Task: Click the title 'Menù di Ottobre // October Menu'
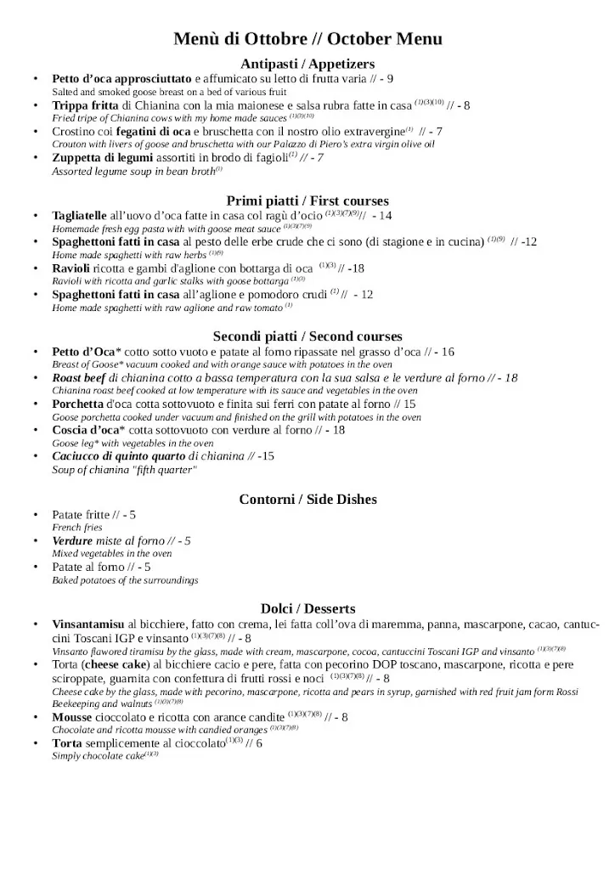click(x=307, y=39)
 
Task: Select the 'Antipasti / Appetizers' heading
click(x=307, y=64)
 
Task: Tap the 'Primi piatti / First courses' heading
click(x=307, y=201)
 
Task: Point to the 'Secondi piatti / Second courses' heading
click(x=307, y=336)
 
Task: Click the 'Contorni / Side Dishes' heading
click(x=307, y=499)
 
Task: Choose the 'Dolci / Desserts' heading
click(x=307, y=608)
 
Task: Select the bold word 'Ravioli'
click(x=71, y=268)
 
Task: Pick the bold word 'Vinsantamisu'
click(x=88, y=624)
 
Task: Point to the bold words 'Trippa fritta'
click(x=86, y=105)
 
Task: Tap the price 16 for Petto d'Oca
click(x=448, y=352)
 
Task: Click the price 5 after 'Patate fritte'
click(x=133, y=514)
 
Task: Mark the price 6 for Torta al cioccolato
click(x=259, y=743)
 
